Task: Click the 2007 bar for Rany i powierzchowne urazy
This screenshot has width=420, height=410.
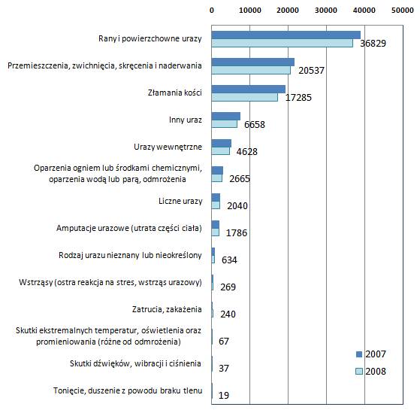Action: (x=286, y=35)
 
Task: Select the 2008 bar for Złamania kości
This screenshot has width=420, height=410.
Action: (x=244, y=97)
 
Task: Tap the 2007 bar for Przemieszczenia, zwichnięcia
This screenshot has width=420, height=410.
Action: (x=253, y=62)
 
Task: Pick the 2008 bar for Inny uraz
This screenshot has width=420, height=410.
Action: (x=225, y=124)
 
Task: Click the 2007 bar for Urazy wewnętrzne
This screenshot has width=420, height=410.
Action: (x=221, y=143)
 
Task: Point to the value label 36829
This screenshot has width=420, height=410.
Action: (x=373, y=44)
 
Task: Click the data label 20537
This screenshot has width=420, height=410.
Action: (x=311, y=71)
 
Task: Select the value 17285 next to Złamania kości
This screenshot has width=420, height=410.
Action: (x=298, y=97)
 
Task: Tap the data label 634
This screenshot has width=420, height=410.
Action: (x=229, y=260)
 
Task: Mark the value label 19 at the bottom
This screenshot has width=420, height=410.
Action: (x=224, y=395)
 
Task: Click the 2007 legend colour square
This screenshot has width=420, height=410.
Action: (x=359, y=354)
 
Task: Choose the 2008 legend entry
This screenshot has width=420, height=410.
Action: (x=370, y=372)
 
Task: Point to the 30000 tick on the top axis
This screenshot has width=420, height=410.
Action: (x=326, y=11)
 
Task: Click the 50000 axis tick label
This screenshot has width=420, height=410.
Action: (x=403, y=11)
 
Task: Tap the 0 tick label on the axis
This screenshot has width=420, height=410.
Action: (x=212, y=11)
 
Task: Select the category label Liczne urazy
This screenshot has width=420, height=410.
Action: (x=180, y=201)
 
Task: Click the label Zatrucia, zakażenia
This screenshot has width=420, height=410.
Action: (x=167, y=309)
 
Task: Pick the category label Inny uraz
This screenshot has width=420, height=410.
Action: (x=186, y=120)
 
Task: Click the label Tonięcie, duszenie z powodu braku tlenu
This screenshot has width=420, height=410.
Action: (x=128, y=390)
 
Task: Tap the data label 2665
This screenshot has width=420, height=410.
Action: (x=240, y=179)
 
